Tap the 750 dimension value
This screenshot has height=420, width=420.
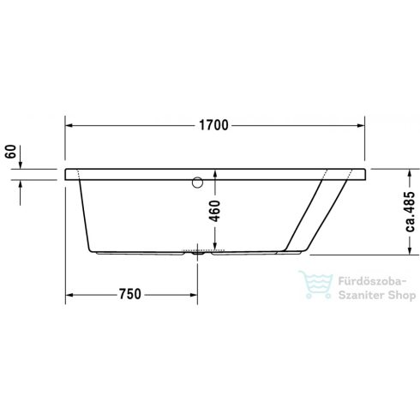[129, 294]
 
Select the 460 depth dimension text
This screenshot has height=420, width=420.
[216, 209]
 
